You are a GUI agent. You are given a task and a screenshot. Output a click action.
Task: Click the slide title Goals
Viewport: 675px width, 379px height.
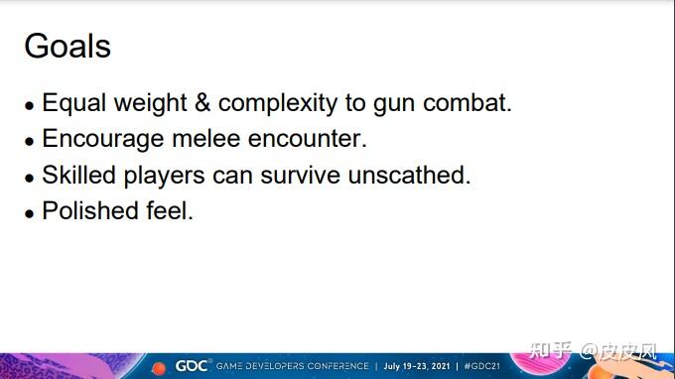(x=67, y=46)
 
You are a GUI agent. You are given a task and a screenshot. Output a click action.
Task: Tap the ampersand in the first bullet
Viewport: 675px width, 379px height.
(x=202, y=103)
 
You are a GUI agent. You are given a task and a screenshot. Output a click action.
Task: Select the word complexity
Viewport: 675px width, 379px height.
(x=278, y=104)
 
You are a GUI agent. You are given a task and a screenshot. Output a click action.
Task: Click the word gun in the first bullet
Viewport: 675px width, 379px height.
(x=394, y=106)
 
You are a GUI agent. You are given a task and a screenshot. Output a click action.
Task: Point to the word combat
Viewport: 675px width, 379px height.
(x=468, y=103)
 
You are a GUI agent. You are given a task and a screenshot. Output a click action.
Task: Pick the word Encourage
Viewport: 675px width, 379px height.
(x=103, y=140)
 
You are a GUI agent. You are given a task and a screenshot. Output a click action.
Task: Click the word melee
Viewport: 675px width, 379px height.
(x=205, y=139)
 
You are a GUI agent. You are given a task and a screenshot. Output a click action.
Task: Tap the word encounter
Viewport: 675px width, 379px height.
(x=308, y=139)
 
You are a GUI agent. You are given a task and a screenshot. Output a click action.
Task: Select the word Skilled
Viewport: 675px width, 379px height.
(x=78, y=175)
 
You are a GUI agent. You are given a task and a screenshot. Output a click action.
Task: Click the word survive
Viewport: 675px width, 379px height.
(x=301, y=176)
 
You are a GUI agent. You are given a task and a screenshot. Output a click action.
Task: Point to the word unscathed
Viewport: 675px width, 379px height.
(x=409, y=175)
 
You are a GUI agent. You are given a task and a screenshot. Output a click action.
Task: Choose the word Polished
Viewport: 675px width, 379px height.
(x=90, y=210)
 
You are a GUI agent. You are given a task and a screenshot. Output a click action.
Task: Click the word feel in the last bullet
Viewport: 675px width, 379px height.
(x=170, y=210)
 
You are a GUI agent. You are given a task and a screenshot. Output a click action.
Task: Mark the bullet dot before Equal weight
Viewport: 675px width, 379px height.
(x=29, y=106)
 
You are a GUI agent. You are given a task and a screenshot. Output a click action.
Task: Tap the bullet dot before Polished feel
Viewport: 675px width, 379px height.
(x=29, y=213)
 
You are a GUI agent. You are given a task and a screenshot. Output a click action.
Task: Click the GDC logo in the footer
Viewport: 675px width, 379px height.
(x=192, y=366)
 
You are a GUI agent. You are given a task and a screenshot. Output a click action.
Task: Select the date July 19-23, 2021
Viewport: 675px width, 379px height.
(x=417, y=366)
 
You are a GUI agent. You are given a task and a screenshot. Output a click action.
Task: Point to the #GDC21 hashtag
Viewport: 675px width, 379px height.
(x=481, y=366)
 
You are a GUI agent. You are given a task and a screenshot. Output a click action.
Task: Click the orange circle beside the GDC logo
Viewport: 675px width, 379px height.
(x=159, y=368)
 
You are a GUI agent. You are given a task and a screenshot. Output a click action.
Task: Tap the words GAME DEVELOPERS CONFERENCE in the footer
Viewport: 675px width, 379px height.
(x=292, y=366)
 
